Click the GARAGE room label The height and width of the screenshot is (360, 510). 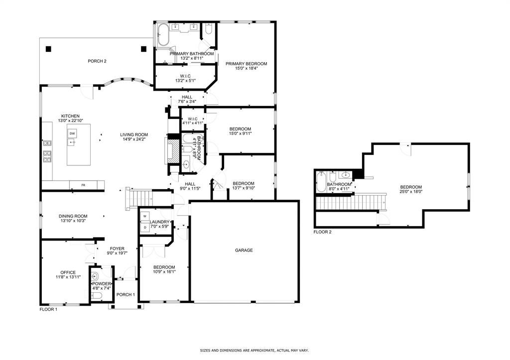244,250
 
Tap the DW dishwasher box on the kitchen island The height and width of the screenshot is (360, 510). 72,133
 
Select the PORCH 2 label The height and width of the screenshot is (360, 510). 97,61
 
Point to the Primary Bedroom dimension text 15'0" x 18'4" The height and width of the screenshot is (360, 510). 246,68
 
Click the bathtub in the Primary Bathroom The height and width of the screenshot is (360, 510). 163,34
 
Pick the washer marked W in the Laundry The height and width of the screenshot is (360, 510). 145,216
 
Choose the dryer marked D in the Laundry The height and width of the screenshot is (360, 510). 145,228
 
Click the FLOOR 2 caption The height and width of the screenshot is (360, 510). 322,232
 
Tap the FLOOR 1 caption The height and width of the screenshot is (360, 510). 48,309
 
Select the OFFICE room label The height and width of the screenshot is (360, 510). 68,272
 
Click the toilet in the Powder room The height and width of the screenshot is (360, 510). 97,295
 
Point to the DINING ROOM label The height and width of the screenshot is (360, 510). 73,216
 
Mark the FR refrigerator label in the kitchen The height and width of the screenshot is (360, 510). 83,185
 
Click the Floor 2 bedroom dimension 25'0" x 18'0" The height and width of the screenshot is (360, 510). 411,192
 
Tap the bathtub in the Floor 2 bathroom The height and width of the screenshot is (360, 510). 321,182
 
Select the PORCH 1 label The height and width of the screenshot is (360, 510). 126,295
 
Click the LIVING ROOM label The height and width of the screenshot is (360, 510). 134,134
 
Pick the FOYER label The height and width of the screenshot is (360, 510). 117,248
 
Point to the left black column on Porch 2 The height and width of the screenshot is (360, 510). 48,49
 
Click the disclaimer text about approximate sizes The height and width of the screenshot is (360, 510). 254,351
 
